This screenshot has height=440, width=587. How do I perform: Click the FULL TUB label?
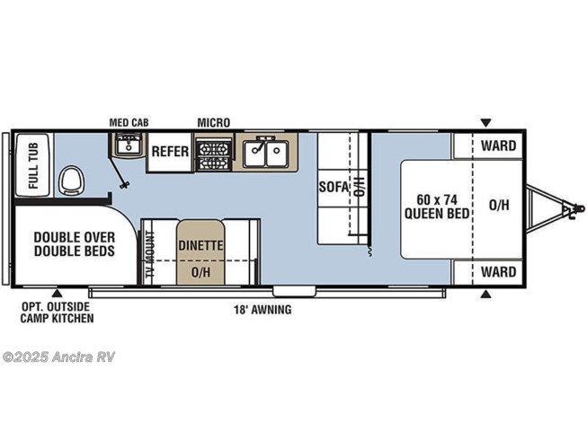33,165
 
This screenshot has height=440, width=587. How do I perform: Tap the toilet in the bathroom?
72,180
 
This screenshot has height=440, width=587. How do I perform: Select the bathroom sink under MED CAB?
128,145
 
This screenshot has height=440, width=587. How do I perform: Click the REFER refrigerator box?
170,152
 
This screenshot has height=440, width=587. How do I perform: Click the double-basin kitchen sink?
265,153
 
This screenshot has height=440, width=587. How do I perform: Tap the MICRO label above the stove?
214,123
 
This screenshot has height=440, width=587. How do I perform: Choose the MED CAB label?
129,123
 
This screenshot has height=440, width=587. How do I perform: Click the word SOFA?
334,187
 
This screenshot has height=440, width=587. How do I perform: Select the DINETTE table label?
200,246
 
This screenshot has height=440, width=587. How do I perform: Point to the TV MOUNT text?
150,254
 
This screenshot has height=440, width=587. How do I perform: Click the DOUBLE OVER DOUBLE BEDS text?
75,243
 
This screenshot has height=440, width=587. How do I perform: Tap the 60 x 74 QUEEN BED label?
437,207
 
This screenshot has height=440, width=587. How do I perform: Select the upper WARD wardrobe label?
499,145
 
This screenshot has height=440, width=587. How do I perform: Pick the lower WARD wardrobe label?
499,272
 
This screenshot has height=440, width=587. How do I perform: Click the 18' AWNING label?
262,310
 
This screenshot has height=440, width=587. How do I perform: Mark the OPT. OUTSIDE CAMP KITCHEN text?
57,312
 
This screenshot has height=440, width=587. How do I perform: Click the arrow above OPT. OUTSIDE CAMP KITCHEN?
57,293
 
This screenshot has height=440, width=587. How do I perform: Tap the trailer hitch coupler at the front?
575,209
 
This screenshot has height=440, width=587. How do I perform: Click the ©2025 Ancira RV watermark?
58,357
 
